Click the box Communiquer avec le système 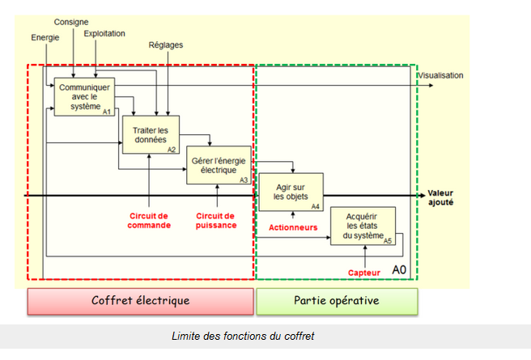84,96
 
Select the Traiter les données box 150,134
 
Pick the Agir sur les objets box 290,192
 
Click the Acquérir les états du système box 362,226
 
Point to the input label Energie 45,37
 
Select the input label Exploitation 104,33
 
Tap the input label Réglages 165,45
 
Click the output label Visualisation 440,75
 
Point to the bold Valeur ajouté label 440,198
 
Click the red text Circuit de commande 150,220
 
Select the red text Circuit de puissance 216,220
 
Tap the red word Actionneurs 293,227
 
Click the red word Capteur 364,273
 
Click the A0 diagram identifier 399,269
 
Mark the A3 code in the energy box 244,179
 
